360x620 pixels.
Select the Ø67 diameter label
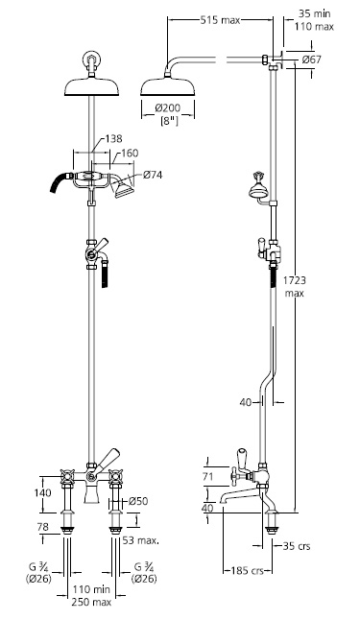pos(312,60)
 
